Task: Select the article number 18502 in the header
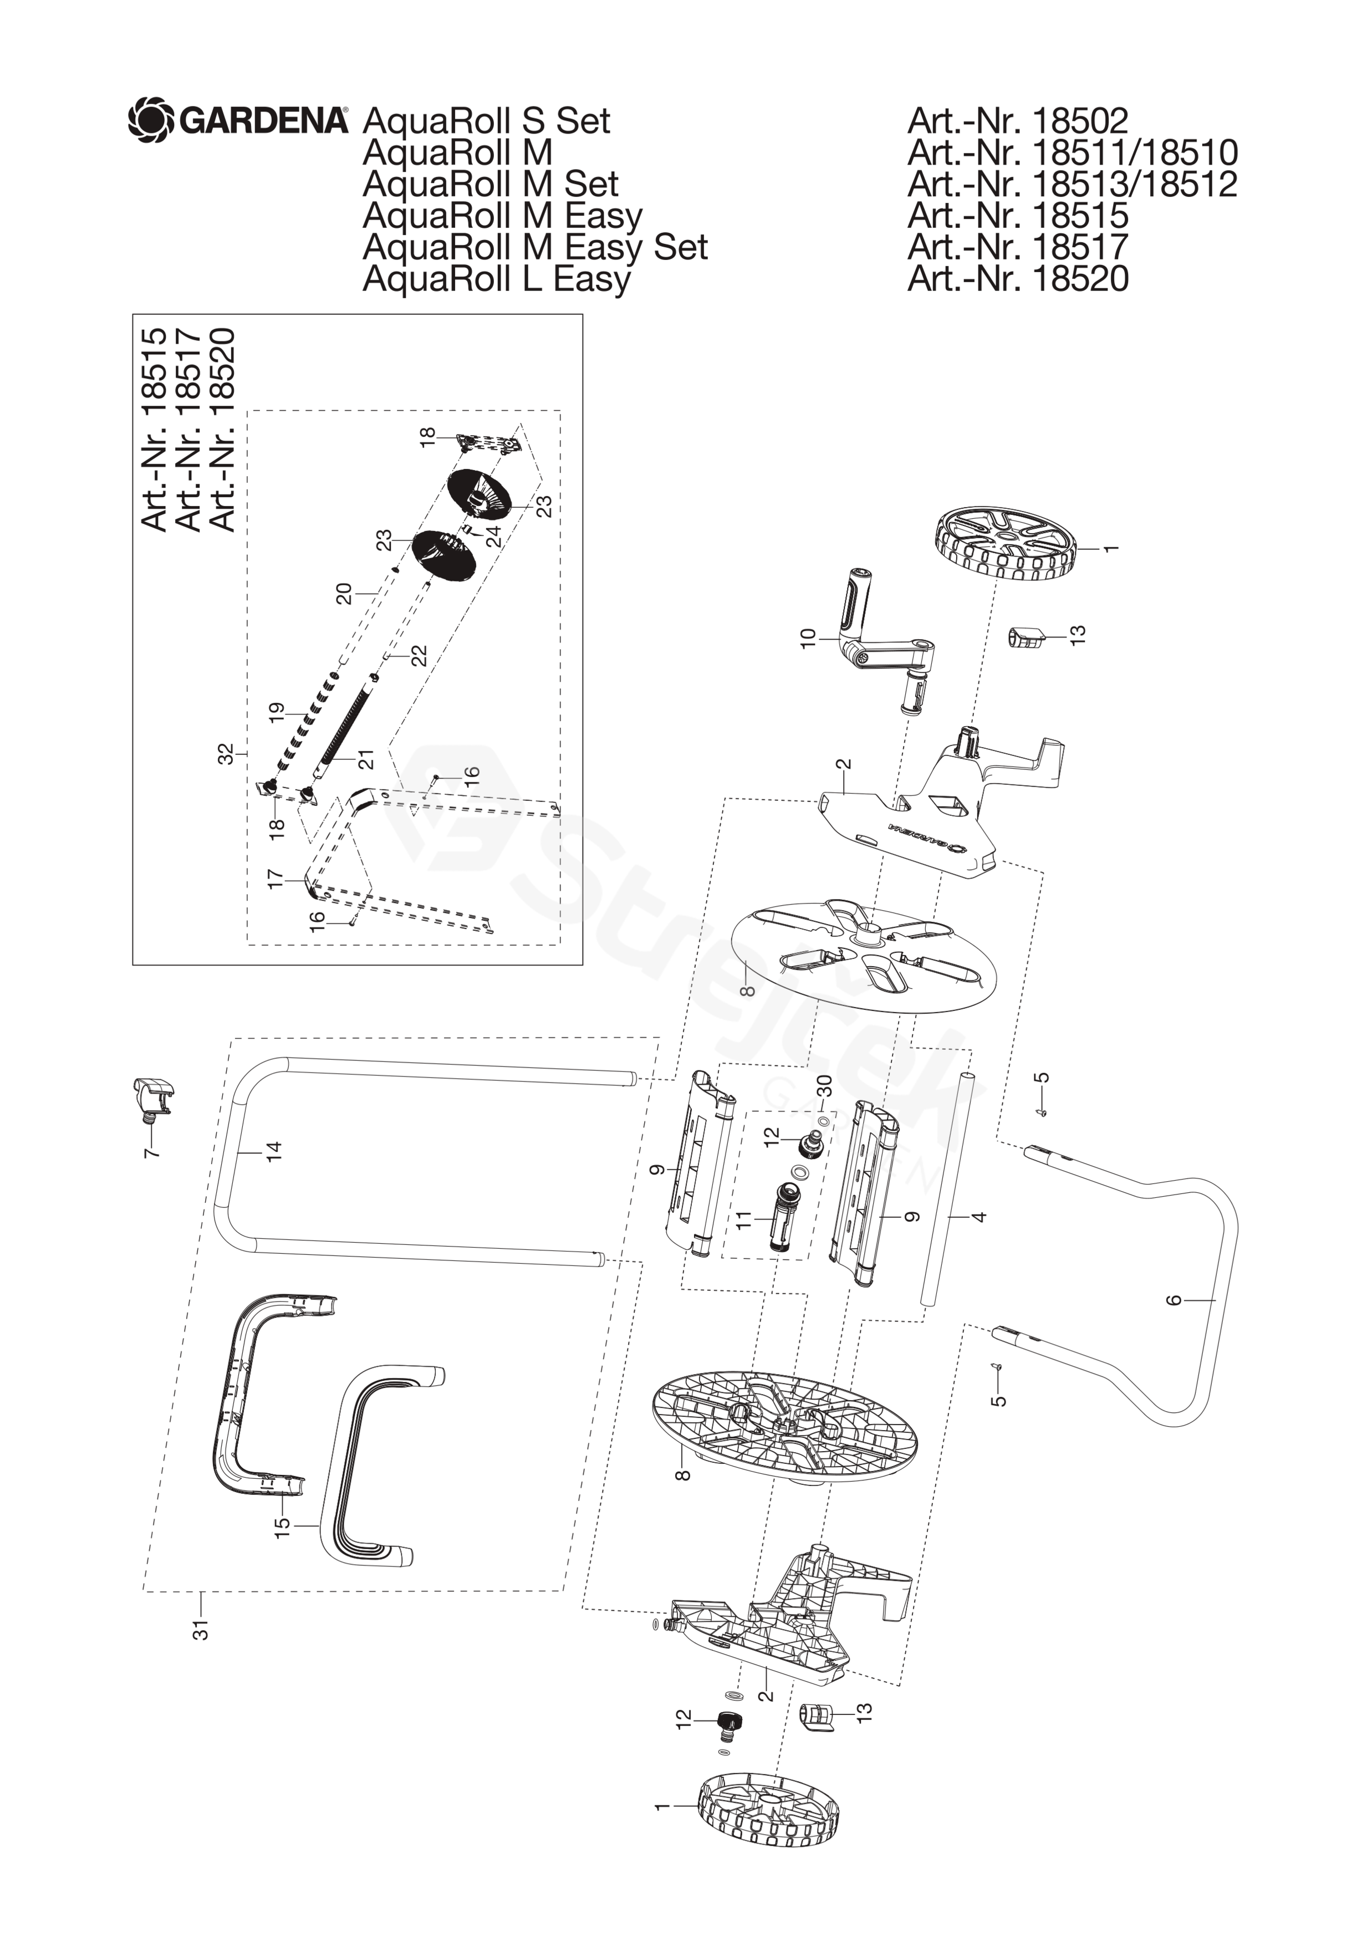(1017, 121)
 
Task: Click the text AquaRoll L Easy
(496, 278)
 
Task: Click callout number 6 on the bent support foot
(1174, 1300)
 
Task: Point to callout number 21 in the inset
(366, 760)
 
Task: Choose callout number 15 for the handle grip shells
(282, 1526)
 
